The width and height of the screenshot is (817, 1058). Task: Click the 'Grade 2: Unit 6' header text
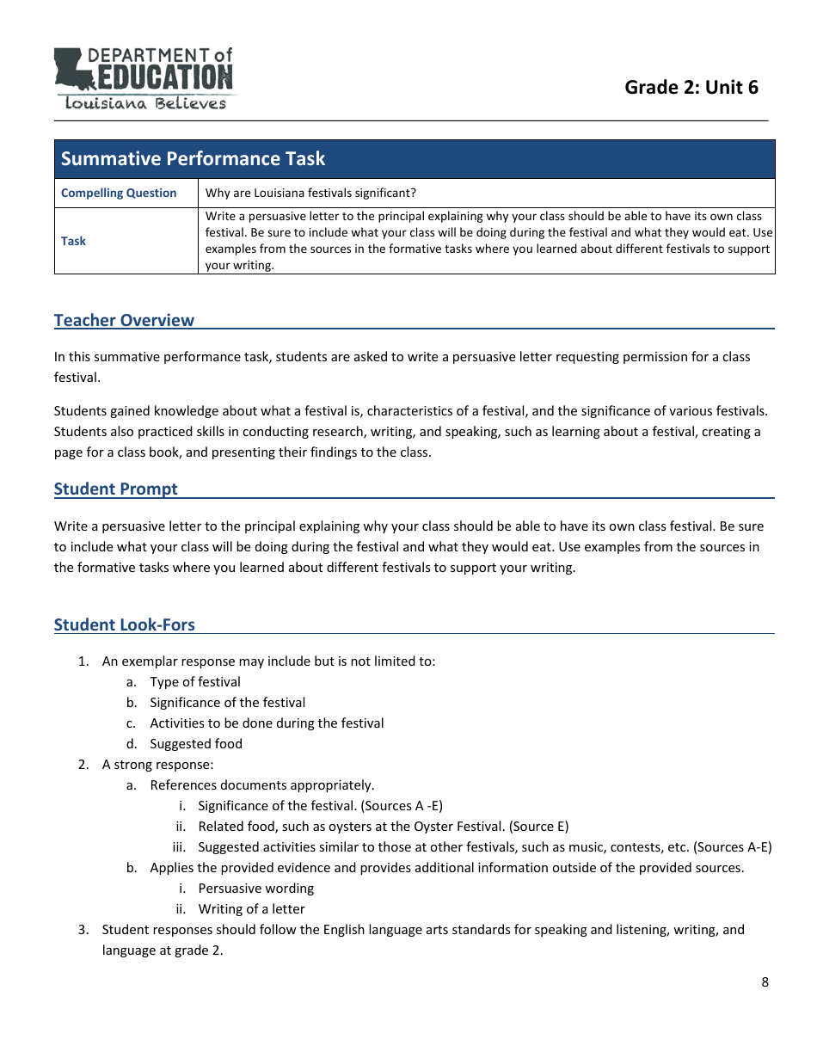click(691, 87)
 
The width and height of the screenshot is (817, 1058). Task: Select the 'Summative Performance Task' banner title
click(193, 159)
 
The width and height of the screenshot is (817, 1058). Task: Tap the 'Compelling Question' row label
click(119, 194)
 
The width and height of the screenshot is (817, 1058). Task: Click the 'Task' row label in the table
click(73, 242)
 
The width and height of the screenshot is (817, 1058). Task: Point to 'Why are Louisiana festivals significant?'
click(310, 194)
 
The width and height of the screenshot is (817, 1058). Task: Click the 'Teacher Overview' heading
click(124, 321)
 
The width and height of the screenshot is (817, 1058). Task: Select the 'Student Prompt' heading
click(115, 489)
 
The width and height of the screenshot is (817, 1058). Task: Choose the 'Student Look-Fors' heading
click(124, 625)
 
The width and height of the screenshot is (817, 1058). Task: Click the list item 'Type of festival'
click(195, 682)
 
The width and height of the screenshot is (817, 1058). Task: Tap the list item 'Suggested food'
click(196, 744)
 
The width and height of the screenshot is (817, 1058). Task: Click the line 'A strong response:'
click(157, 765)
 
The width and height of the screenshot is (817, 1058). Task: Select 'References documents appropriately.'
click(262, 785)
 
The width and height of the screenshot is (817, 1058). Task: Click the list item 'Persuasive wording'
click(256, 889)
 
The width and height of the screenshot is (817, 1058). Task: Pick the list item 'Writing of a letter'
click(251, 909)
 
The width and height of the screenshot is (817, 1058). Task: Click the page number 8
click(765, 982)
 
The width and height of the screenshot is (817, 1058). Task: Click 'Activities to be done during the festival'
click(267, 723)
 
